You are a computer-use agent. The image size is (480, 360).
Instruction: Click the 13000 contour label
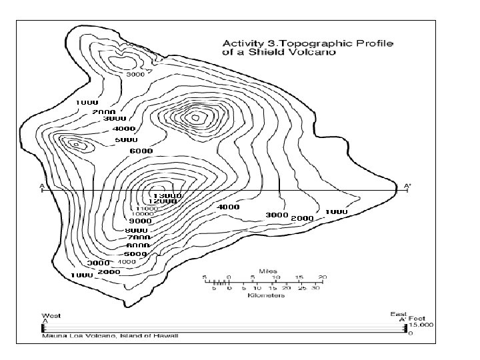pos(167,195)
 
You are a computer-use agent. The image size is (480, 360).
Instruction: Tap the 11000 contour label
pos(147,208)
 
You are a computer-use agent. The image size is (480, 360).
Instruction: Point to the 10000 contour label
pos(143,214)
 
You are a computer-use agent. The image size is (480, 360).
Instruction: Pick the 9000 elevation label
pos(141,221)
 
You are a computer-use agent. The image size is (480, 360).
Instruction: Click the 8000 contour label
pos(137,230)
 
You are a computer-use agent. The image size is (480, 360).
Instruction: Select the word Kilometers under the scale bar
pos(266,295)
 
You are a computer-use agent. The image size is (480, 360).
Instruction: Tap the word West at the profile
pos(49,315)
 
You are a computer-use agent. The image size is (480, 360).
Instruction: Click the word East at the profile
pos(398,313)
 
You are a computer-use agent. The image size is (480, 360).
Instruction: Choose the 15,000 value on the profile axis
pos(421,325)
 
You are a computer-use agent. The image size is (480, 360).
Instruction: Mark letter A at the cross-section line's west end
pos(41,185)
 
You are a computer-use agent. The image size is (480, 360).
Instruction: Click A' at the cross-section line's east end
pos(408,185)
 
